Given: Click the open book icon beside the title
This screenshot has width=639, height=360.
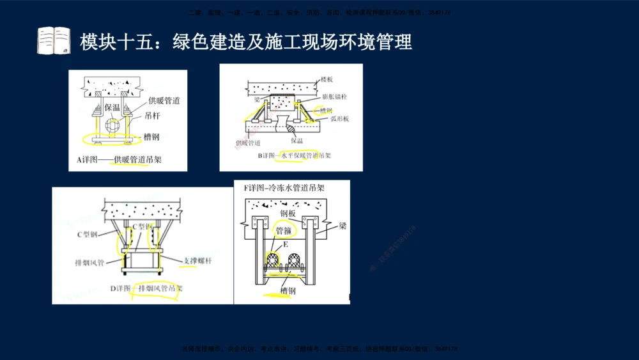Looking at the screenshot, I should coord(54,41).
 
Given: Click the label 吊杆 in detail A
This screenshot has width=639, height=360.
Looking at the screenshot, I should coord(152,116).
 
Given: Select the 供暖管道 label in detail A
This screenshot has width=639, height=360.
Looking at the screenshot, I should coord(164,100).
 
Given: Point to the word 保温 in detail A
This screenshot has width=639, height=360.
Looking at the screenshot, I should coord(112,107).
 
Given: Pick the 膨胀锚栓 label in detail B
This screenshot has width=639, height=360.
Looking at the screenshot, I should coord(335,97).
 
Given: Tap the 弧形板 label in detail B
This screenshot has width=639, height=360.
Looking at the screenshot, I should coord(339,119).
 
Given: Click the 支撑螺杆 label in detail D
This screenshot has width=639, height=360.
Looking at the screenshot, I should coord(197,262).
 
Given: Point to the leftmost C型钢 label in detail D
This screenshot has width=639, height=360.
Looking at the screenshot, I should coord(88,235).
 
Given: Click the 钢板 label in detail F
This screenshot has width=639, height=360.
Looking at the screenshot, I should coord(288,214).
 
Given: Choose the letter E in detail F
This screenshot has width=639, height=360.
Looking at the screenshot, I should coord(286,244).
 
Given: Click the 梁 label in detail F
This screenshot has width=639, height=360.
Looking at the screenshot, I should coord(343,226).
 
